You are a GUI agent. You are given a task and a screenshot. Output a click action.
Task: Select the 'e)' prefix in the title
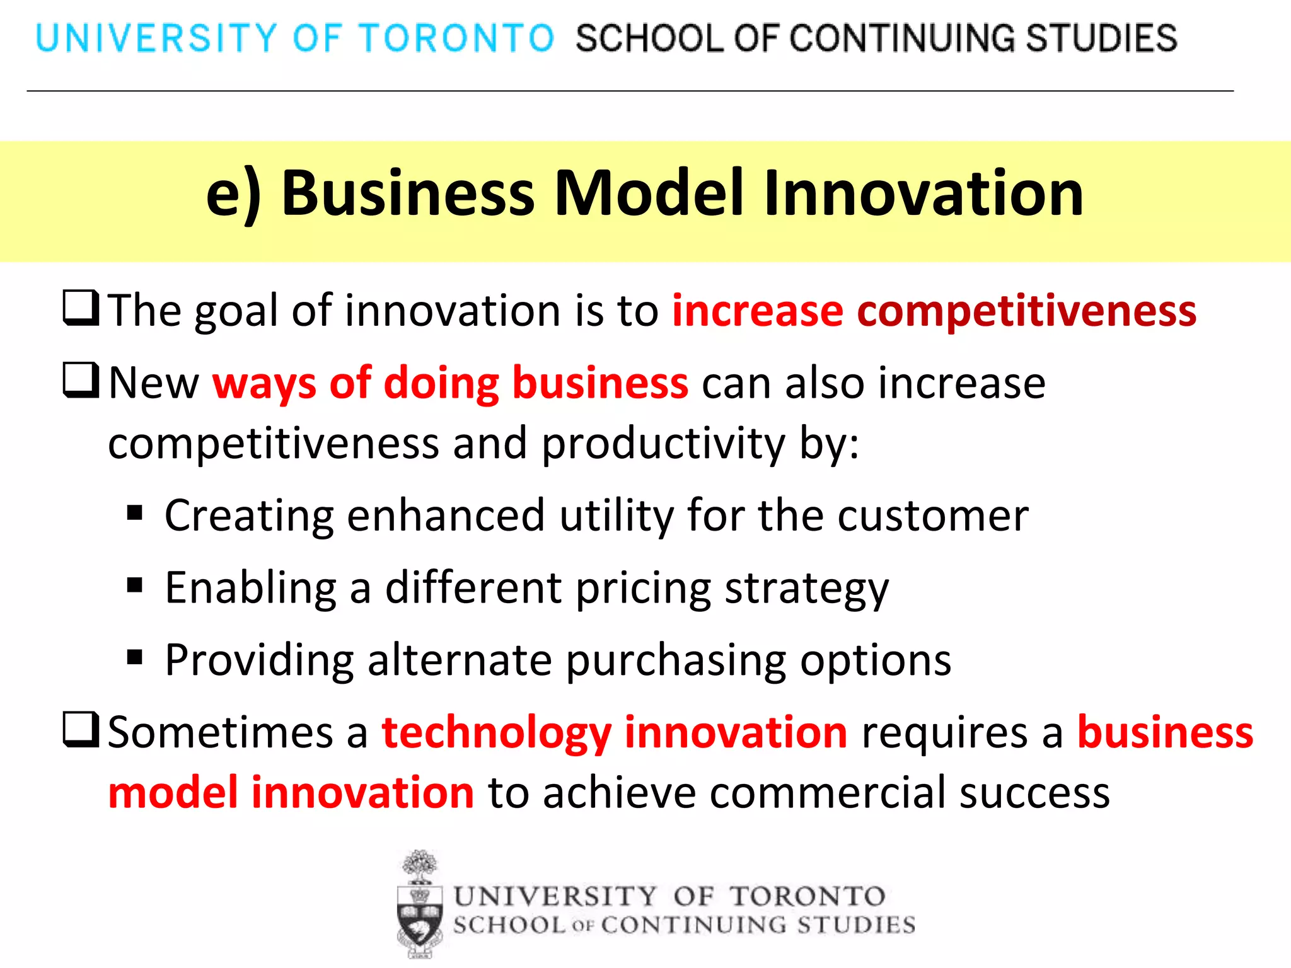tap(233, 194)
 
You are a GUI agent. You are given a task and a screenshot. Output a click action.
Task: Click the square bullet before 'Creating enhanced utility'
tap(134, 513)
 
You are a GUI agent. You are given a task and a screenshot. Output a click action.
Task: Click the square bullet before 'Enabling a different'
tap(134, 585)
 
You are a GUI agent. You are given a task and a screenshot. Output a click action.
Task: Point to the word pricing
tap(644, 589)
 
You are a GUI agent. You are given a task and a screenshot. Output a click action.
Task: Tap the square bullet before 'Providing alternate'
tap(134, 658)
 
